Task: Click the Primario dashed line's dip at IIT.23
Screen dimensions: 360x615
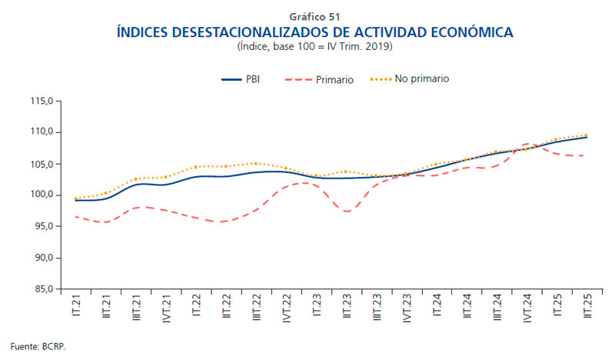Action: pyautogui.click(x=347, y=211)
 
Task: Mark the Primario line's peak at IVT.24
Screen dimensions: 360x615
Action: pyautogui.click(x=527, y=144)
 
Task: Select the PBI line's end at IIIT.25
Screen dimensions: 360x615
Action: pyautogui.click(x=587, y=137)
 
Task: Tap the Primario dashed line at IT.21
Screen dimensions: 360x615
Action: pyautogui.click(x=75, y=217)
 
